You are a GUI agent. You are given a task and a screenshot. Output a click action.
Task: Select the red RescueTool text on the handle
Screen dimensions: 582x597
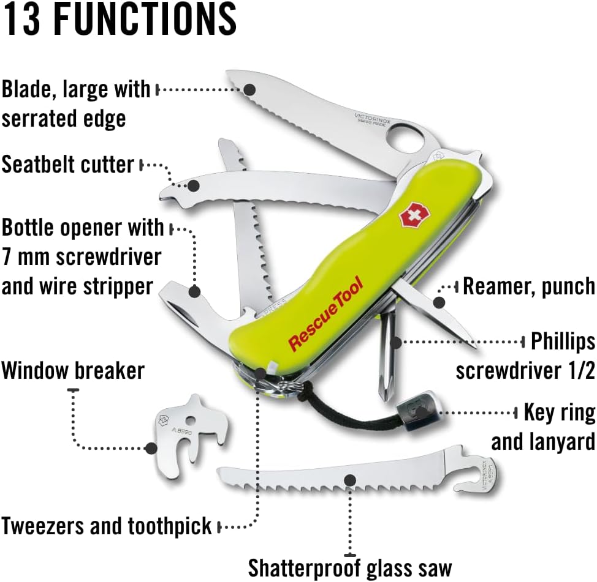click(325, 313)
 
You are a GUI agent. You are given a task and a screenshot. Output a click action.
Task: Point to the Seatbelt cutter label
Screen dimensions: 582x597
click(67, 164)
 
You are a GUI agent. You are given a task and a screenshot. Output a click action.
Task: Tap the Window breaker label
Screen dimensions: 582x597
click(72, 370)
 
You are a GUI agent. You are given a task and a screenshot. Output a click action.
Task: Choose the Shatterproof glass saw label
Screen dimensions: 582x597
click(350, 567)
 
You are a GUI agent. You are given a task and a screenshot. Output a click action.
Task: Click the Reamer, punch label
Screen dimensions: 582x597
click(528, 286)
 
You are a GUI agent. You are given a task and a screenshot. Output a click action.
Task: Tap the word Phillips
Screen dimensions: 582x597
click(563, 341)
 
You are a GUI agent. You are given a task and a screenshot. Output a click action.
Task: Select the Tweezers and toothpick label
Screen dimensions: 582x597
click(106, 526)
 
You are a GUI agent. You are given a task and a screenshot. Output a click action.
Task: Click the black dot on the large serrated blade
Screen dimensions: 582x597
click(249, 89)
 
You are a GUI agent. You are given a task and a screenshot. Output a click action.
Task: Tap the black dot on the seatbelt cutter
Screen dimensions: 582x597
click(193, 185)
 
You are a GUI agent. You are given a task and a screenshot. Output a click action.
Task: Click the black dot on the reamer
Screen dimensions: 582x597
click(438, 302)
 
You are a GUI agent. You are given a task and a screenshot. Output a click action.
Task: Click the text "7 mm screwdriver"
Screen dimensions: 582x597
click(81, 256)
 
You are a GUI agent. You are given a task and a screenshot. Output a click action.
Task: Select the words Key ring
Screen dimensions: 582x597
click(559, 412)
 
